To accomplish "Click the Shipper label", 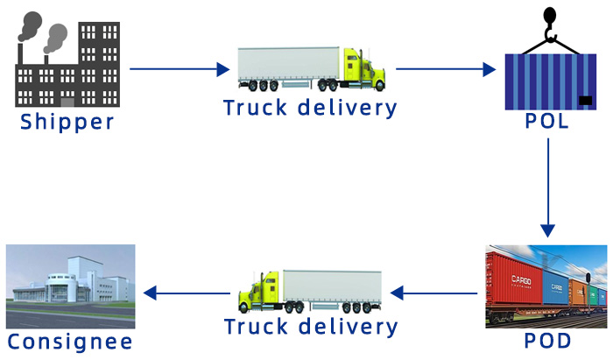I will click(67, 122).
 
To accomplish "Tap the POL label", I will click(547, 122).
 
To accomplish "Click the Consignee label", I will click(70, 341).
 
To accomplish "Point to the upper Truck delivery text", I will click(310, 109).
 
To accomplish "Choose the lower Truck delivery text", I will click(311, 327).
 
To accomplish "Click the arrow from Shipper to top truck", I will click(179, 67).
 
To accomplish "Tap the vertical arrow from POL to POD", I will click(547, 187).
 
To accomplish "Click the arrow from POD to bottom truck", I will click(433, 292).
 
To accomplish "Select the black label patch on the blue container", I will click(584, 100).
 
